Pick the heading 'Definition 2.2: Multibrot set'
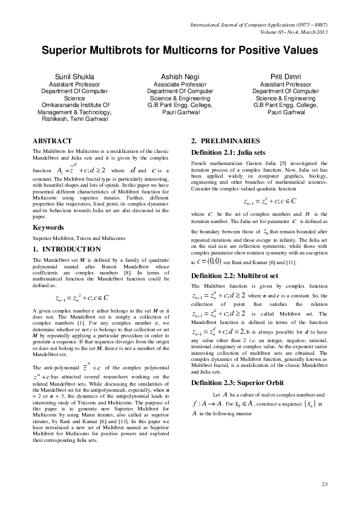[x=235, y=275]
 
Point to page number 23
[x=324, y=485]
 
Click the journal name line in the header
[x=258, y=25]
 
